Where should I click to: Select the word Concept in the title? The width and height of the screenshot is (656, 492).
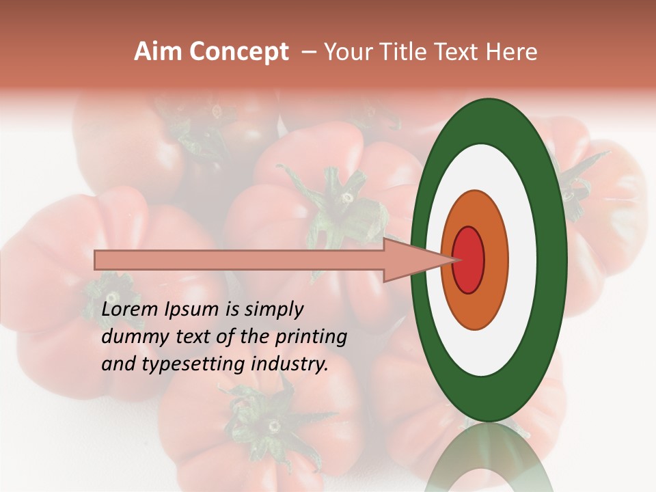(x=238, y=52)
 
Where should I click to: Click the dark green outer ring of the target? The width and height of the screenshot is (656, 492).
(x=551, y=260)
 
